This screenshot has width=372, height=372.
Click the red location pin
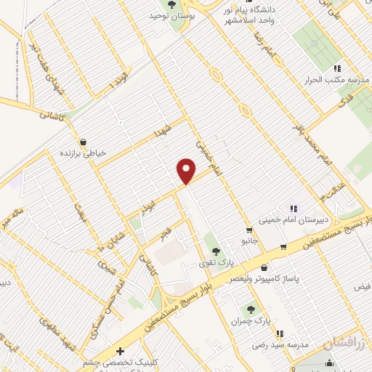point(186,170)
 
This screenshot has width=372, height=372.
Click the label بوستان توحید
point(169,15)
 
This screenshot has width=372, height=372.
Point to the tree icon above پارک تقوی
point(216,251)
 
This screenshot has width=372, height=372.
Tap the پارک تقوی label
point(216,262)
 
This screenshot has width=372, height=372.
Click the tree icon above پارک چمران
point(251,310)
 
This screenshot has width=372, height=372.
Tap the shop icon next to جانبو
point(249,231)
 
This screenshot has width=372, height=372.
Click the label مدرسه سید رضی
point(274,344)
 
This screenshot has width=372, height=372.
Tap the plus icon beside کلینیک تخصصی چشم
point(119,351)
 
